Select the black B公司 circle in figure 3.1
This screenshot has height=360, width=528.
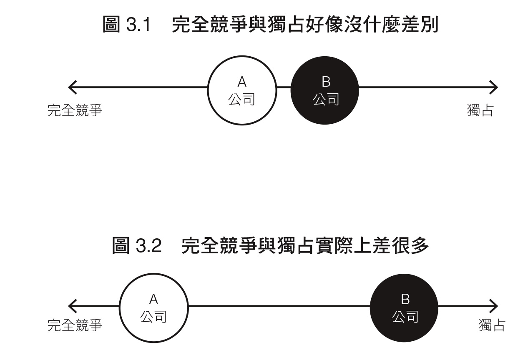pos(324,90)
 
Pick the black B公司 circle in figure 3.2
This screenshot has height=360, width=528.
pos(404,308)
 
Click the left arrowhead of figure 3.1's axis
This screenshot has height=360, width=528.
pos(72,87)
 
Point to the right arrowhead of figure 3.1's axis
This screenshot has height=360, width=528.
pos(493,87)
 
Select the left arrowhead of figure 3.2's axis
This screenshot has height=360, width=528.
pos(72,306)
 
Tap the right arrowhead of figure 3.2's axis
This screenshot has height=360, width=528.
pos(493,306)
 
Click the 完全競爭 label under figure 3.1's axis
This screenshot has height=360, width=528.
pos(75,110)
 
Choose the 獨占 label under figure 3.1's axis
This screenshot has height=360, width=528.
pos(480,110)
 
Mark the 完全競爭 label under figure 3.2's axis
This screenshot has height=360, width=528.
pos(75,325)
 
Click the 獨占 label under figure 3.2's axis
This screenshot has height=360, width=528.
pos(492,325)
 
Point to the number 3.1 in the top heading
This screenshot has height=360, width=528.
pos(138,24)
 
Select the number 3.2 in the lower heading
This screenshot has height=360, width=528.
pos(149,245)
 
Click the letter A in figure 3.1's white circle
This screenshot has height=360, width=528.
pos(242,82)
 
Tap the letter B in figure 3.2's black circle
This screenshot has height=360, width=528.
pos(405,299)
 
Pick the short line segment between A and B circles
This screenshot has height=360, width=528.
pos(284,87)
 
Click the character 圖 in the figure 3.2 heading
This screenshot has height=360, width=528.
pos(121,245)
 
